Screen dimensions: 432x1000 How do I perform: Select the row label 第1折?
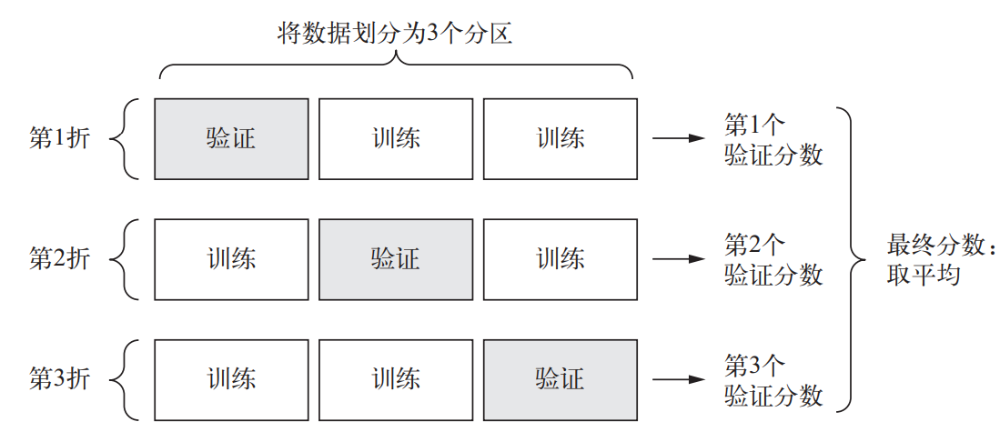coord(60,138)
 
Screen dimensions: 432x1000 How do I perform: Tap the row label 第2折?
coord(60,258)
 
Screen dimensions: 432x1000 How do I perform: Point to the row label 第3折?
coord(60,377)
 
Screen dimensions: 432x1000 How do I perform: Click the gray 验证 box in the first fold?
coord(231,138)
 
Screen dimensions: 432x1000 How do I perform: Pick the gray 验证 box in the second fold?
coord(396,258)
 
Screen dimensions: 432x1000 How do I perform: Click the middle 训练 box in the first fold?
coord(396,138)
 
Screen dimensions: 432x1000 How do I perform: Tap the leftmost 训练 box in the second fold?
coord(231,258)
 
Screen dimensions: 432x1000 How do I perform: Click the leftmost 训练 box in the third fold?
coord(231,377)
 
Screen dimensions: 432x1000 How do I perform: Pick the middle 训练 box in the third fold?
coord(396,377)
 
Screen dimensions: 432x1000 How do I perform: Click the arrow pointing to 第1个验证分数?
coord(679,138)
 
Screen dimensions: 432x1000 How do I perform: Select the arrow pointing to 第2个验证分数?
coord(679,258)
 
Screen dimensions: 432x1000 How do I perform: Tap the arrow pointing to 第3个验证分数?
coord(679,377)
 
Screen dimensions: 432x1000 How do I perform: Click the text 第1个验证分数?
coord(773,138)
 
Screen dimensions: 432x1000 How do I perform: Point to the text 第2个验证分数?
coord(773,258)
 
